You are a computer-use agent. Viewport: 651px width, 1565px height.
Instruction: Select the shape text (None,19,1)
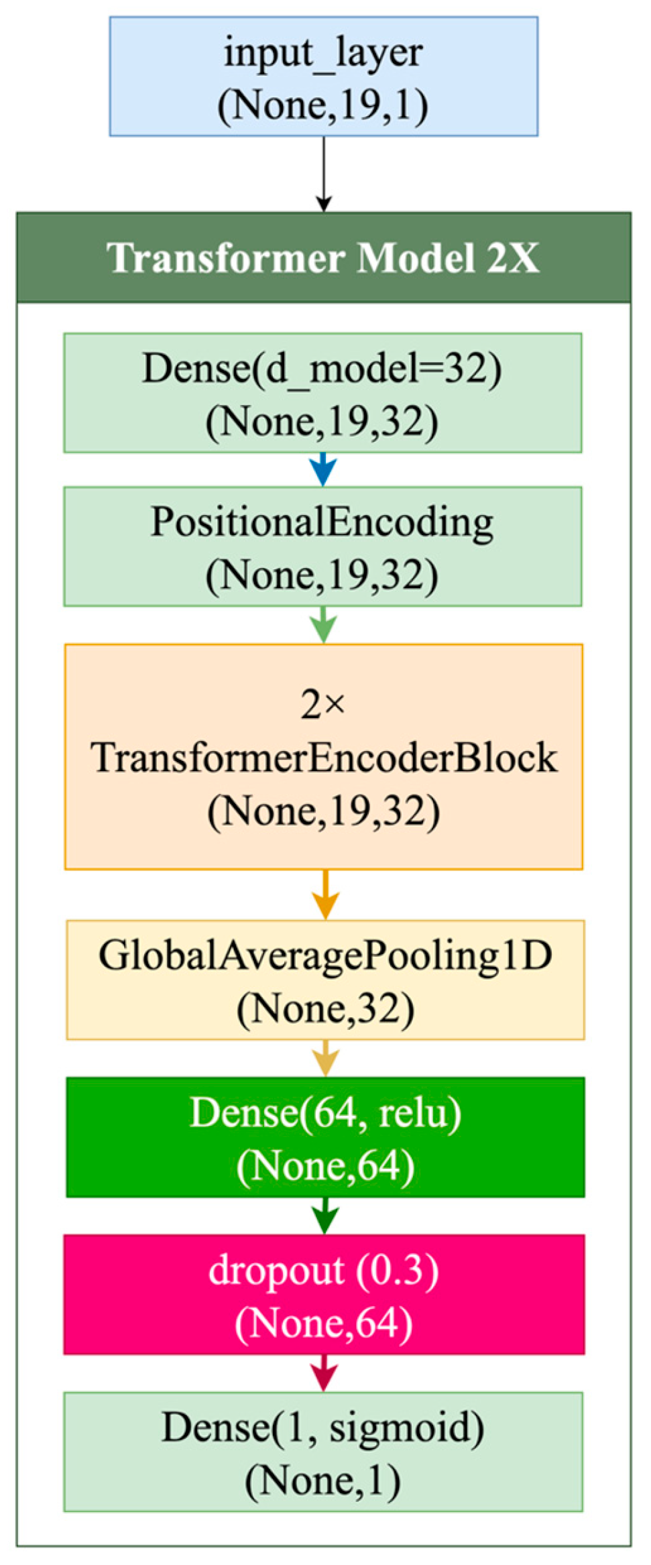(x=323, y=105)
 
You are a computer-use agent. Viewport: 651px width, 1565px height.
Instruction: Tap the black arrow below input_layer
(x=324, y=174)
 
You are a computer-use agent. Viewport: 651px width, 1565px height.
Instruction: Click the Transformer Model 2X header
(x=323, y=257)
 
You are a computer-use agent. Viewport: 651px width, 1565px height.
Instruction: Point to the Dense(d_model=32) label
(x=322, y=368)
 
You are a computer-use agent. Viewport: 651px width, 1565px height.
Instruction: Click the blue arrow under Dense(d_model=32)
(x=323, y=469)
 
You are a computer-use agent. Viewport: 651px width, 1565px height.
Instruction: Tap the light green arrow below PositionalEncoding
(x=323, y=625)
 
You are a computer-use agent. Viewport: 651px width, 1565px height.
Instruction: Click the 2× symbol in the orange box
(x=322, y=705)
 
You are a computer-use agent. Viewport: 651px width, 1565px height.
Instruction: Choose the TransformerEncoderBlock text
(x=324, y=758)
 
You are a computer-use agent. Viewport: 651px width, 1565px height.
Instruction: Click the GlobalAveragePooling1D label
(x=325, y=955)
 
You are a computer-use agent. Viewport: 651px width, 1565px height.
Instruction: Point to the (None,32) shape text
(x=325, y=1008)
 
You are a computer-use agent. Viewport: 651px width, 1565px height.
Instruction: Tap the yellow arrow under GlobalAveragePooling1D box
(x=325, y=1058)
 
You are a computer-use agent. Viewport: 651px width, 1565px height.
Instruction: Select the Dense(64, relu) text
(x=325, y=1113)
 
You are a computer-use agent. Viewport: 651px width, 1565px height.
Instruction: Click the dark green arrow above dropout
(x=325, y=1215)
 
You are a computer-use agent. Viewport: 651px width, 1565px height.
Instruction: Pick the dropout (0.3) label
(x=324, y=1270)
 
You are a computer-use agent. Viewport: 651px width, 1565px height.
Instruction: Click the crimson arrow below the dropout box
(x=324, y=1372)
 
